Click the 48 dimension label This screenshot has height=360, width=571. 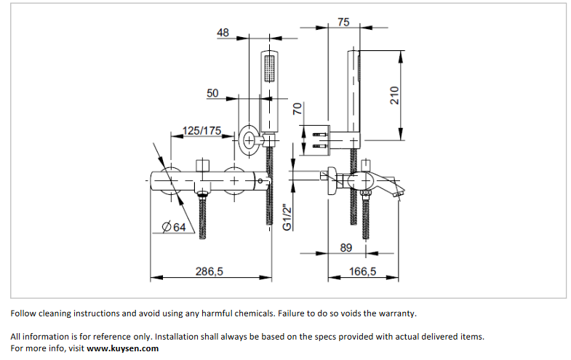[223, 32]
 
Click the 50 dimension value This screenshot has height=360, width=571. [212, 93]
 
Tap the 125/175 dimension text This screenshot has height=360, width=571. [201, 131]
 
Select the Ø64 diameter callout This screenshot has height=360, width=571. [175, 228]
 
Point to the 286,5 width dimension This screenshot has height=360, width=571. [209, 271]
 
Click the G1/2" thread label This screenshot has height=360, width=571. [287, 217]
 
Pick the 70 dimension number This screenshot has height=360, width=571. [297, 109]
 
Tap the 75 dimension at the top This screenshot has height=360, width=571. [343, 23]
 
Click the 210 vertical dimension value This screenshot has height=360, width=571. [394, 95]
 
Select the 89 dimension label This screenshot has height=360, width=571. [346, 248]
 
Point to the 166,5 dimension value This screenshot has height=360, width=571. [363, 271]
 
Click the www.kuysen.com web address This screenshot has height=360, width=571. [122, 348]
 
